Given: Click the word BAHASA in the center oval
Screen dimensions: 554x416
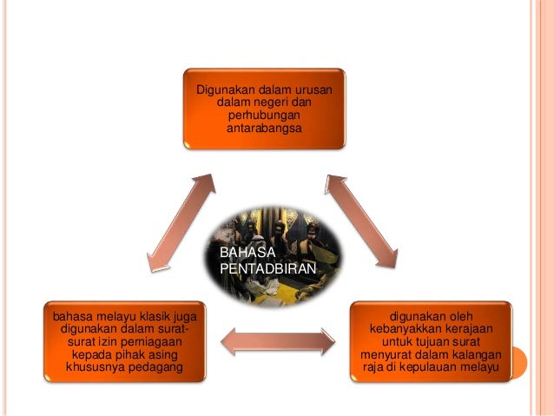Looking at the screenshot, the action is pos(240,253).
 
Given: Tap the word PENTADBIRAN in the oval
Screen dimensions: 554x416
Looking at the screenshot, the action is pos(267,268).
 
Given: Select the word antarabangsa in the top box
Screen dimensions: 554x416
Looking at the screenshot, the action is pos(266,129).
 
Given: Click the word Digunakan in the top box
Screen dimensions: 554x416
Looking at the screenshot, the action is pos(223,89).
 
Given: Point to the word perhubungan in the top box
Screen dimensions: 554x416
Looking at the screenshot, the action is pos(266,116).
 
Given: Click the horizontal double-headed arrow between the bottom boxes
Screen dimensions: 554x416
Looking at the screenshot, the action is pos(278,341).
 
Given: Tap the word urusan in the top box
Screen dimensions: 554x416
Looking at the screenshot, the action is pos(318,89).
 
